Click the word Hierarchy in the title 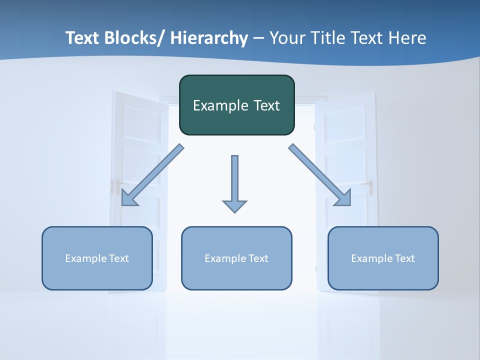click(x=209, y=38)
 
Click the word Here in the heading click(x=405, y=38)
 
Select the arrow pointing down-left click(x=152, y=175)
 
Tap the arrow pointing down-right click(x=320, y=175)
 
